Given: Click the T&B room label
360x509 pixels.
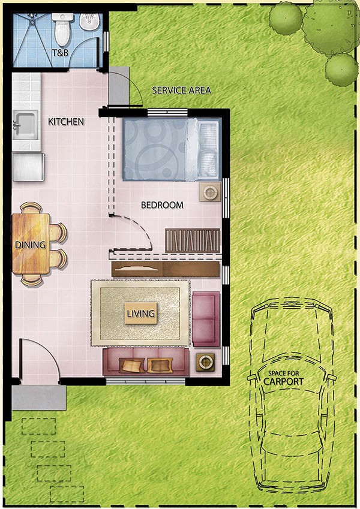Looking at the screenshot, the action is coord(61,52).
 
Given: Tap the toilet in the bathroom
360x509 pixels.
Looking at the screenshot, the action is coord(62,29).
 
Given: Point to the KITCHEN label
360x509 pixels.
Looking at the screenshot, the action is coord(66,122).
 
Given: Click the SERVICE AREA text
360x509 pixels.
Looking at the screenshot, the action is coord(181,91).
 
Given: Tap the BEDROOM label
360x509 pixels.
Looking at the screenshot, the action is coord(162,205).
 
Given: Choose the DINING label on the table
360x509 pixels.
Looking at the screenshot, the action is coord(30,245).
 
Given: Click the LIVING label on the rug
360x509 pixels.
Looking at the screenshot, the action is coord(140,314).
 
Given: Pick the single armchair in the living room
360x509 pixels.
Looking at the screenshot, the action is coord(206,319).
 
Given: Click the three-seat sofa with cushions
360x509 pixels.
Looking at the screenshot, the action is coord(146,362).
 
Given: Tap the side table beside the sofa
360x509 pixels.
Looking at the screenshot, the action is coord(205,362).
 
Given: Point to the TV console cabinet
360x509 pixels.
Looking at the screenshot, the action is coord(166,269).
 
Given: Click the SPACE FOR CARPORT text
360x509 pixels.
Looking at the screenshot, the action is coord(283,378).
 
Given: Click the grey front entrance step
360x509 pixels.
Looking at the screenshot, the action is coord(39,397).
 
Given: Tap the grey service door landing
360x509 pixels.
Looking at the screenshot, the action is coord(119,86).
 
